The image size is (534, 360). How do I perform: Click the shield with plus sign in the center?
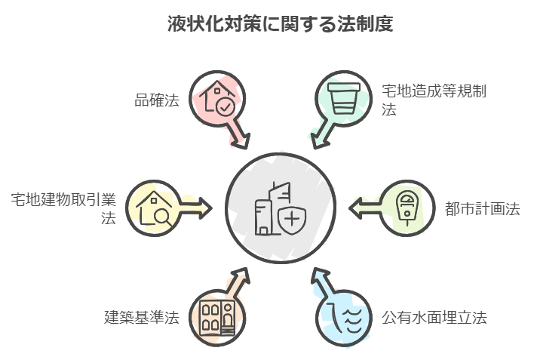pos(292,221)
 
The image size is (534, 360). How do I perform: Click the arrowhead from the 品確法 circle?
pos(244,142)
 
